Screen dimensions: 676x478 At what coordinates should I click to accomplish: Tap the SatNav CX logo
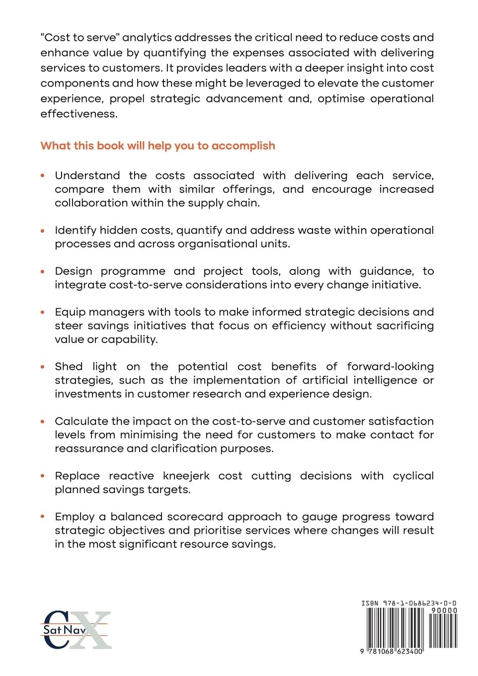pyautogui.click(x=76, y=630)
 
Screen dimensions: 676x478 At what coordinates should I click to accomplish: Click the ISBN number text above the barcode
pyautogui.click(x=409, y=603)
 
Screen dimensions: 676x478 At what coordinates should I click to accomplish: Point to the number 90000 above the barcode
pyautogui.click(x=444, y=610)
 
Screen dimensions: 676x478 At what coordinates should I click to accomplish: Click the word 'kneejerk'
pyautogui.click(x=186, y=476)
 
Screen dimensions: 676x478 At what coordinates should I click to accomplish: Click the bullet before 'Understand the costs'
pyautogui.click(x=43, y=175)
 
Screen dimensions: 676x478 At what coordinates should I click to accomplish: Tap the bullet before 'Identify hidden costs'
pyautogui.click(x=43, y=230)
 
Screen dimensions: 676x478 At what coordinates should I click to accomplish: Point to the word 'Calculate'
pyautogui.click(x=81, y=421)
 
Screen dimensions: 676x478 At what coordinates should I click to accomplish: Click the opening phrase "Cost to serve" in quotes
pyautogui.click(x=80, y=37)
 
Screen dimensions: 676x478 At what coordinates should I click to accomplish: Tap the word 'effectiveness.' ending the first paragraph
pyautogui.click(x=79, y=114)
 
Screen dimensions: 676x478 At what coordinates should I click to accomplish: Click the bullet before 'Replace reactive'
pyautogui.click(x=43, y=476)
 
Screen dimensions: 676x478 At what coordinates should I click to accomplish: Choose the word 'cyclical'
pyautogui.click(x=413, y=476)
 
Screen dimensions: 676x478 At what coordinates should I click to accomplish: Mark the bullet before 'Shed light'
pyautogui.click(x=43, y=366)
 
